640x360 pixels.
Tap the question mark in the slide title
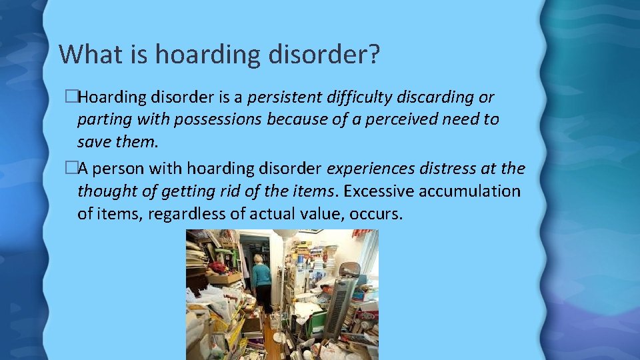[373, 53]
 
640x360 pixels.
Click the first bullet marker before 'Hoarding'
[72, 97]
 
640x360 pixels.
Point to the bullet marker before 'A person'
[72, 169]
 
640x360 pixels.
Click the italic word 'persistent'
[284, 97]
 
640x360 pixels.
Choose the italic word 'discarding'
[435, 97]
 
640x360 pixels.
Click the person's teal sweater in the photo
[261, 275]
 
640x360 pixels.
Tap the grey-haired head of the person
[257, 259]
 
